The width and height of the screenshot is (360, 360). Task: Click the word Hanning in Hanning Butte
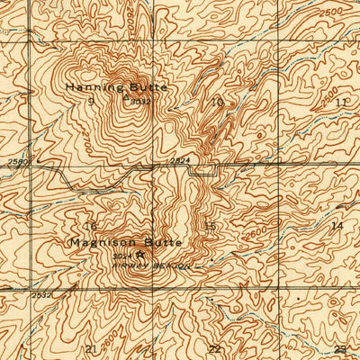87,87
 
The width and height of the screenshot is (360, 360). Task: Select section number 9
89,101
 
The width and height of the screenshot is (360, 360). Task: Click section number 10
217,103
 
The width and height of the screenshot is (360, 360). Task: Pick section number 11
340,103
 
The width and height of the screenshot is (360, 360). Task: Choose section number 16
90,225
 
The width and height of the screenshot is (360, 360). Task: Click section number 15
211,225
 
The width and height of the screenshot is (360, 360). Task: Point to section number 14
337,224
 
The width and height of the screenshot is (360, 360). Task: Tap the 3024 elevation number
124,257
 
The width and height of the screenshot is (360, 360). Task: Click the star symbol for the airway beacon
139,256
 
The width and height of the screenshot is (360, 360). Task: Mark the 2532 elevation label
40,293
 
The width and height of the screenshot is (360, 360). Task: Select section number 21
91,347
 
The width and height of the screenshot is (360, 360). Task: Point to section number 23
340,347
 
